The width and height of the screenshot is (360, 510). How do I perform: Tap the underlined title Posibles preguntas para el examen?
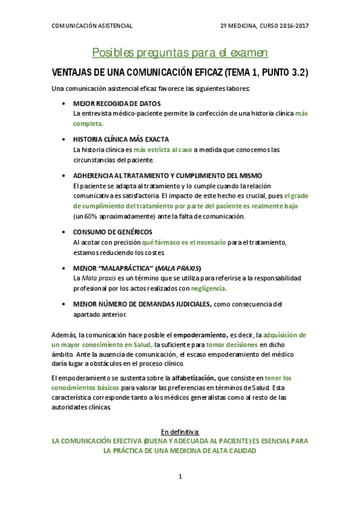[x=180, y=53]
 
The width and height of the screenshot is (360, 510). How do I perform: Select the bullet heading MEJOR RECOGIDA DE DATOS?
[x=117, y=103]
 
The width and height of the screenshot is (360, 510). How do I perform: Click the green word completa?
[x=88, y=123]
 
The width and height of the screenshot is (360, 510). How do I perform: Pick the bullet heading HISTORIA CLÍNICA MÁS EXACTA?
[x=121, y=140]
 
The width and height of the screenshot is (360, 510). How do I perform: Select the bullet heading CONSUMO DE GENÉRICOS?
[x=112, y=232]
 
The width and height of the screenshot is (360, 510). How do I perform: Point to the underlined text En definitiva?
[x=179, y=431]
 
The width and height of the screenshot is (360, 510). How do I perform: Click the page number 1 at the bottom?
[x=179, y=476]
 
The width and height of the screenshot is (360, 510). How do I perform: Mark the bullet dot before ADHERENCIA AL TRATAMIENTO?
[x=64, y=176]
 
